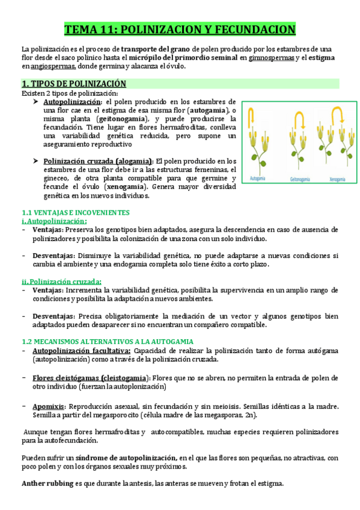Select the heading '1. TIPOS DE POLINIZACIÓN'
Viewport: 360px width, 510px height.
(x=74, y=84)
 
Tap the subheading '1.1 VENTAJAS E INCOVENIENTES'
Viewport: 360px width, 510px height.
(x=76, y=213)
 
